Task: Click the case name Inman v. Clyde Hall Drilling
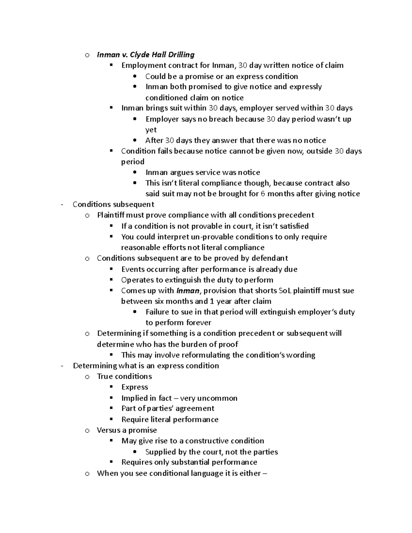coord(146,55)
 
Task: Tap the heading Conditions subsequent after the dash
coord(113,205)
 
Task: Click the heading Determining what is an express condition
coord(146,366)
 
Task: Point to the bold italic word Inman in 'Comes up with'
coord(188,291)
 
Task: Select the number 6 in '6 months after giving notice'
coord(263,194)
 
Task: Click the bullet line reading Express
coord(135,387)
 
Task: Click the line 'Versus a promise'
coord(127,430)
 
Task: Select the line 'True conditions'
coord(124,376)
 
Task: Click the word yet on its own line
coord(151,130)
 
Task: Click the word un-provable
coord(194,237)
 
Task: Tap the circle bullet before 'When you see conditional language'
coord(87,474)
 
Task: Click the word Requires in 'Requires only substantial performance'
coord(137,462)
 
